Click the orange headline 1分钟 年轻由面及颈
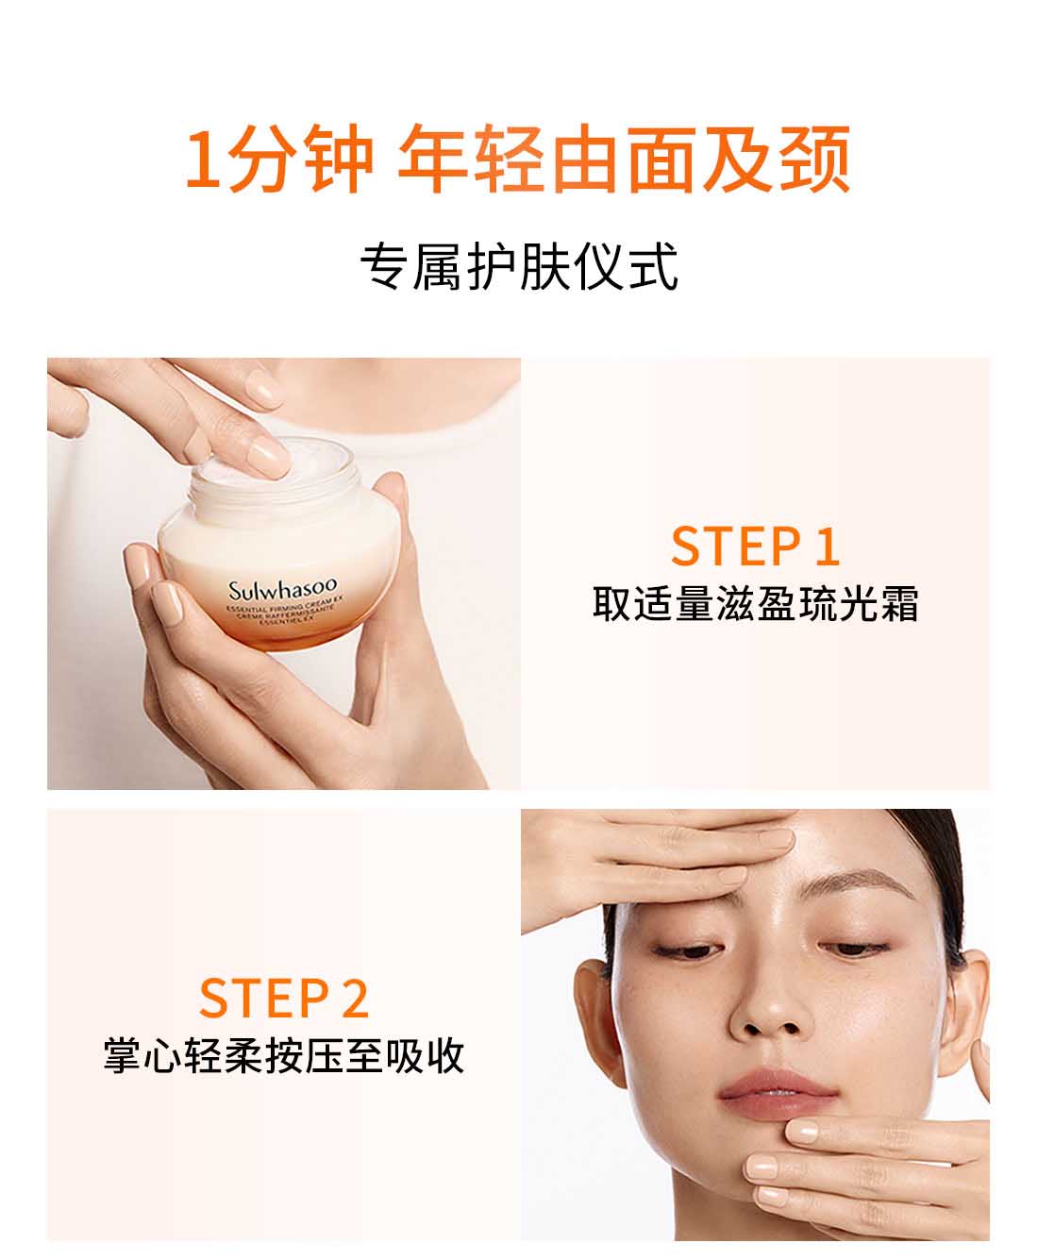(518, 159)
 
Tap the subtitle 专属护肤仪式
(518, 267)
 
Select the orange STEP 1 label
(755, 546)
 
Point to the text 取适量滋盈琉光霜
(755, 604)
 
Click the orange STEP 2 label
(283, 999)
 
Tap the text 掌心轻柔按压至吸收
(283, 1055)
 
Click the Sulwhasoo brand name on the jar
(290, 592)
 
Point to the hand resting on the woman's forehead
(679, 854)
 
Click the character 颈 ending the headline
(816, 159)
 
